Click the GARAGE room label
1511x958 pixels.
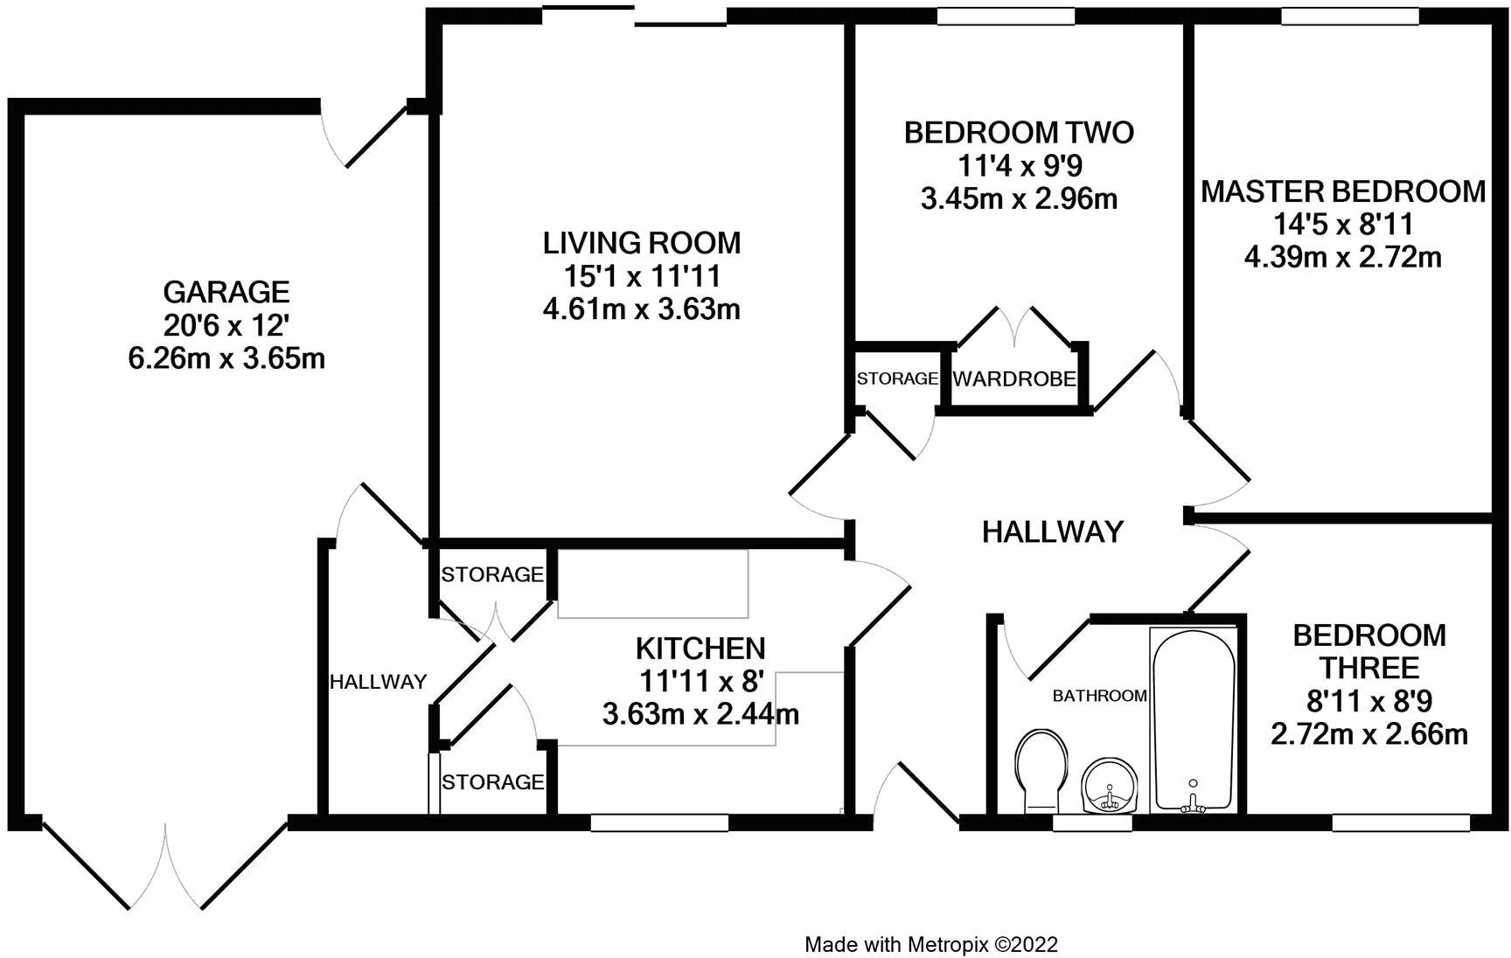pos(226,290)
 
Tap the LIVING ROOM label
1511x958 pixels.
pos(642,241)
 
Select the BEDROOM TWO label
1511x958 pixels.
pos(1019,133)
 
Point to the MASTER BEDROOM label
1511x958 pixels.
pos(1343,191)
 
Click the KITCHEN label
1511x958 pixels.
pos(700,649)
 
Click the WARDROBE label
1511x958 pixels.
pos(1014,379)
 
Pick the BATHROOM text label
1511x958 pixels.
pos(1099,696)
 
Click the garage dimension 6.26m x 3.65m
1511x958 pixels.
pos(226,358)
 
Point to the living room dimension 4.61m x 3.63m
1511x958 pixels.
pos(642,309)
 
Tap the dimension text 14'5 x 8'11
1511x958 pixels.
pos(1343,225)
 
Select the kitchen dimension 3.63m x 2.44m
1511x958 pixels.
pos(700,715)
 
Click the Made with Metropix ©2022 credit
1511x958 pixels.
pos(931,944)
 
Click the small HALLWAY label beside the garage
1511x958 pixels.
pos(379,682)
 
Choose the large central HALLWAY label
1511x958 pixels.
pos(1053,531)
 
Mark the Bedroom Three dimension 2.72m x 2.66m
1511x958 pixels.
pos(1369,734)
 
